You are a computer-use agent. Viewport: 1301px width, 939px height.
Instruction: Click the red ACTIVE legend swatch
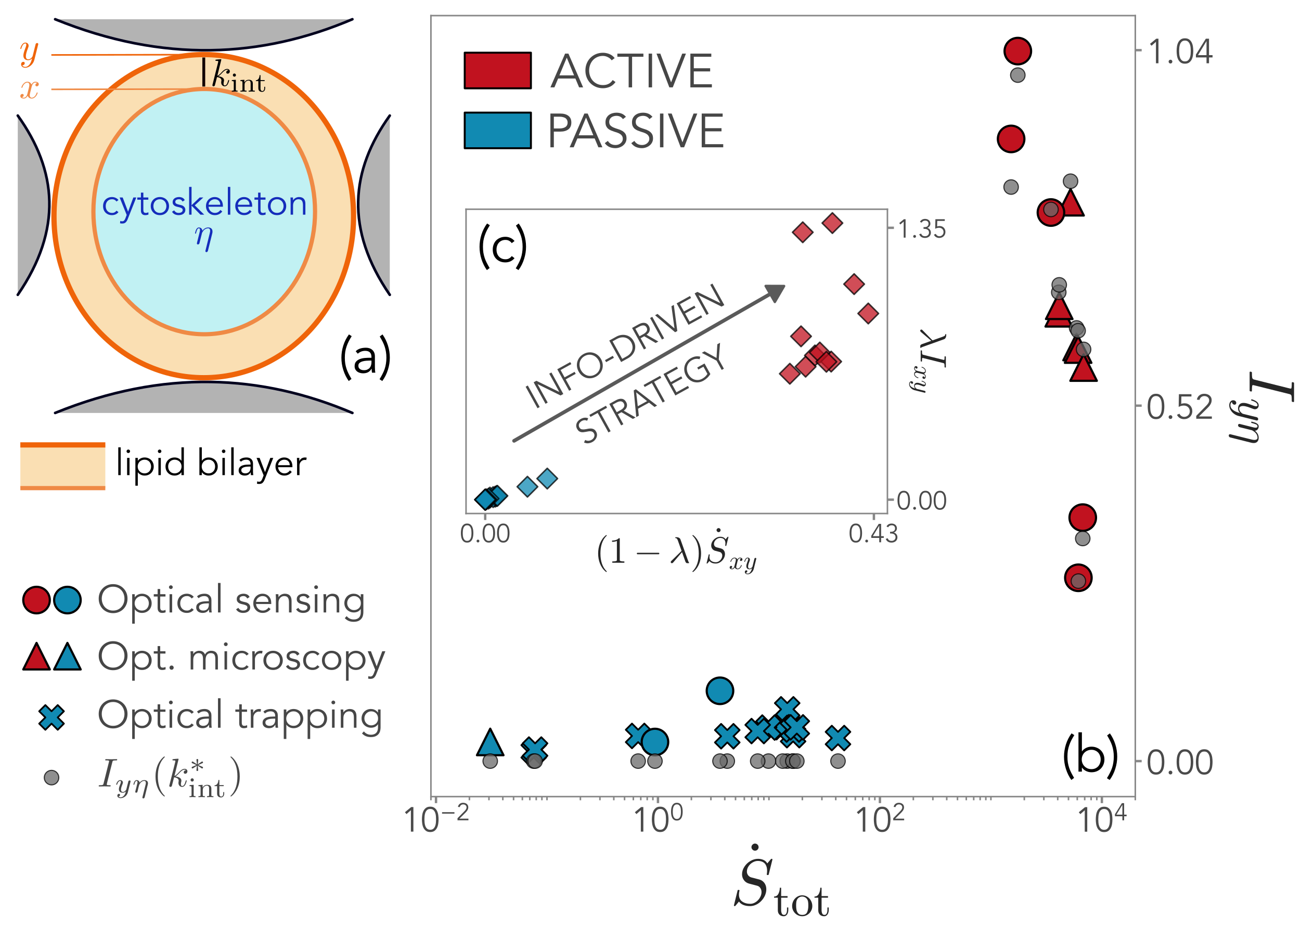click(x=497, y=71)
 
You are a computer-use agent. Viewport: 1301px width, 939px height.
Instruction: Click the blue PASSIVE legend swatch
click(x=497, y=130)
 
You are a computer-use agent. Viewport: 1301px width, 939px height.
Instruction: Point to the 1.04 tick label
click(x=1180, y=52)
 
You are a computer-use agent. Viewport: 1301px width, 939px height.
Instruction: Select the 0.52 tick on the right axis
click(x=1179, y=408)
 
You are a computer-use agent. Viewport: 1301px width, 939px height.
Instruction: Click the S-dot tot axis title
click(x=781, y=883)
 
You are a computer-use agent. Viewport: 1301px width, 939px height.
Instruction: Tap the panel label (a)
click(x=365, y=357)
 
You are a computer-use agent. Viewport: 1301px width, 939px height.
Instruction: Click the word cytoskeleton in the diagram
click(x=204, y=203)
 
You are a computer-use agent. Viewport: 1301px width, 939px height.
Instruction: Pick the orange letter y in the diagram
click(x=29, y=53)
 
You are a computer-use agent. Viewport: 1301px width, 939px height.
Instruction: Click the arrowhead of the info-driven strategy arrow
click(x=776, y=292)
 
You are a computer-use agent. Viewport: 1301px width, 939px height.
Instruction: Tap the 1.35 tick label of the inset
click(x=922, y=229)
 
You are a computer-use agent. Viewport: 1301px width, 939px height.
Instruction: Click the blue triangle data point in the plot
click(x=490, y=742)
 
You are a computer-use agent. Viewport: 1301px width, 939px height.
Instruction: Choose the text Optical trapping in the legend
click(x=240, y=715)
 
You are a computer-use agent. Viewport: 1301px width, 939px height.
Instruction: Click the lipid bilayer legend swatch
click(x=62, y=466)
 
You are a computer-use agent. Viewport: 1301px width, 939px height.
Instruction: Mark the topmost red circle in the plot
click(x=1017, y=51)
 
